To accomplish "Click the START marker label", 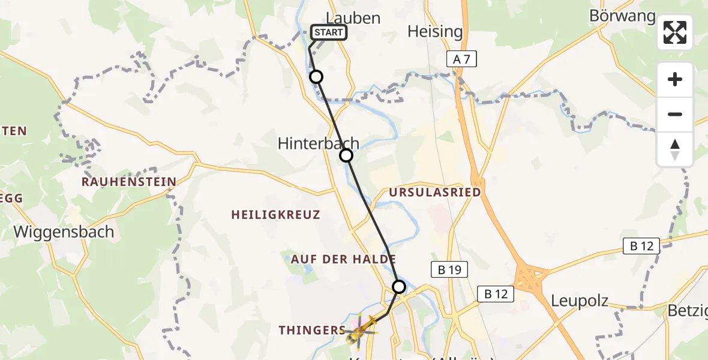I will (328, 32).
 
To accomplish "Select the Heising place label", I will (435, 31).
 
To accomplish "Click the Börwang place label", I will (622, 16).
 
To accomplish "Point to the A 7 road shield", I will (461, 58).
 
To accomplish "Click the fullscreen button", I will (675, 32).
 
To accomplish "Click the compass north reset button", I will (675, 149).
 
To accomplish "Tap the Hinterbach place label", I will (318, 143).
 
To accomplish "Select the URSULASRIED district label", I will (435, 193).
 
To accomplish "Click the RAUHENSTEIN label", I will (129, 182).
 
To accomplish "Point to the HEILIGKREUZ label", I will (275, 215).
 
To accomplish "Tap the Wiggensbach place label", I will (64, 232).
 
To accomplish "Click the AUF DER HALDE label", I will (343, 260).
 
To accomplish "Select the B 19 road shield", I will (449, 270).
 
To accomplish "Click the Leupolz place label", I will (580, 301).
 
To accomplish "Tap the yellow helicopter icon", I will (361, 328).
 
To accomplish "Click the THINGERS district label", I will (311, 330).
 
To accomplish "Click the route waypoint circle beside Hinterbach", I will (346, 156).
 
